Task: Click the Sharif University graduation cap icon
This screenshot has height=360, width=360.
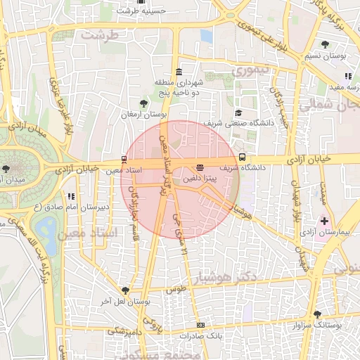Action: coord(238,113)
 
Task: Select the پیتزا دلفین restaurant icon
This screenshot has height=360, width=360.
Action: coord(200,167)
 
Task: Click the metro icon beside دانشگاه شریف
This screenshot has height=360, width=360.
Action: coord(243,157)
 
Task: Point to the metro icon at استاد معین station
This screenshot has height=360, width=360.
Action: coord(124,159)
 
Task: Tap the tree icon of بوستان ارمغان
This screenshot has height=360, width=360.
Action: coord(144,104)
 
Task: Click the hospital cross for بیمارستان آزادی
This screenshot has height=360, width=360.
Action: coord(323,220)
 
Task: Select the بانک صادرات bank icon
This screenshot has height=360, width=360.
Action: coord(200,325)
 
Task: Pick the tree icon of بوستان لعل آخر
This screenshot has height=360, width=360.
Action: coord(125,290)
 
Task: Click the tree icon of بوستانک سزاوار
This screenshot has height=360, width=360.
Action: coord(317,314)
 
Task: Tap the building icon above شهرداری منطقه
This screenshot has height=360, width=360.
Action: coord(179,72)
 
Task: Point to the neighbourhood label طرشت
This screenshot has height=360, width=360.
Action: coord(98,34)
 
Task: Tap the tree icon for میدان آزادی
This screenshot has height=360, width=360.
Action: coord(6,168)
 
